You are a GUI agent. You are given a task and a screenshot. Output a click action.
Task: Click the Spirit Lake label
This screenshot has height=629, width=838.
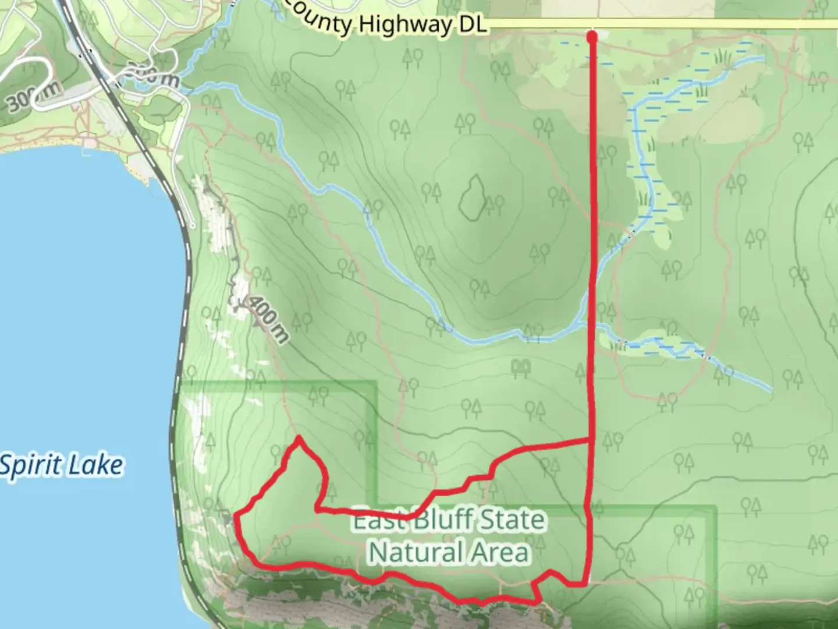pyautogui.click(x=62, y=466)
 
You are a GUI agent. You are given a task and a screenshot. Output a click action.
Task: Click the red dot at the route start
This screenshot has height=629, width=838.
pyautogui.click(x=592, y=38)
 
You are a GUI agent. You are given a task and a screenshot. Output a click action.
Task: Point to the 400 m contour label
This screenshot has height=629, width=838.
pyautogui.click(x=268, y=319)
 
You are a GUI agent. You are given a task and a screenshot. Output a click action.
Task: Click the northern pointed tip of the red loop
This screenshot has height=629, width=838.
pyautogui.click(x=299, y=437)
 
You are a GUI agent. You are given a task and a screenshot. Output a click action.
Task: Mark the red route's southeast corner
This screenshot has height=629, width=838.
pyautogui.click(x=587, y=582)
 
